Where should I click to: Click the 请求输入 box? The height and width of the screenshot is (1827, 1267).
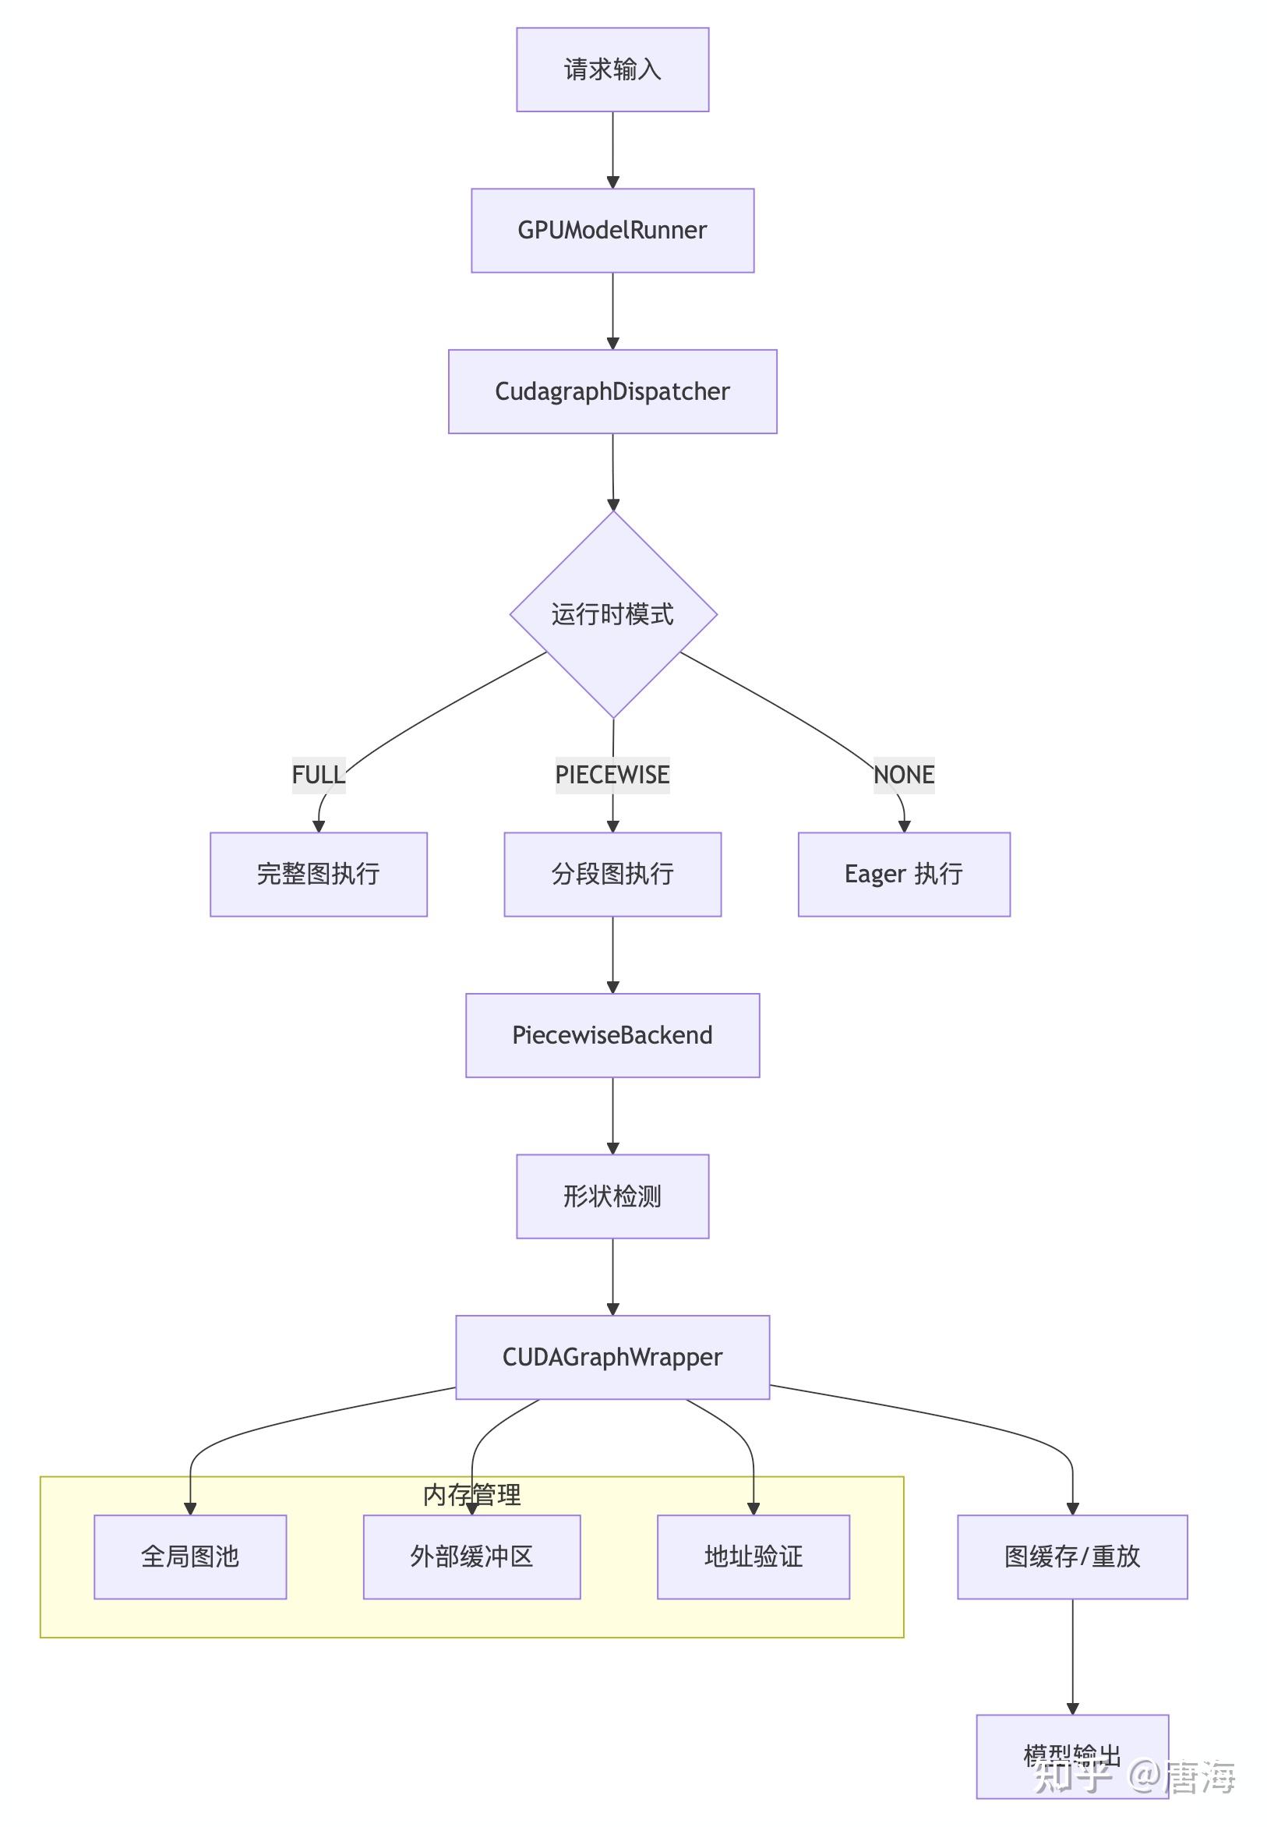pyautogui.click(x=612, y=70)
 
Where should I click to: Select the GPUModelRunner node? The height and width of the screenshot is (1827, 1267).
pyautogui.click(x=612, y=230)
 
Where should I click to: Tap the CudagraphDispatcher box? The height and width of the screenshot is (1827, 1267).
pyautogui.click(x=612, y=391)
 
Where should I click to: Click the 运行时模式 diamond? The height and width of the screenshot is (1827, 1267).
pyautogui.click(x=613, y=614)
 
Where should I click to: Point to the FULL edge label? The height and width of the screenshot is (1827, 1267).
pyautogui.click(x=319, y=774)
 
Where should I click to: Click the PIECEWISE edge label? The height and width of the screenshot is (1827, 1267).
pyautogui.click(x=612, y=774)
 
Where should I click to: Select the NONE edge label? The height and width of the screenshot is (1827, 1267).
pyautogui.click(x=903, y=774)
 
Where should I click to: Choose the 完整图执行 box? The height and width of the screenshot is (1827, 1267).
pyautogui.click(x=319, y=875)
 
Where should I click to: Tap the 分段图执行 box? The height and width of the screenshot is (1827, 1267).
pyautogui.click(x=612, y=875)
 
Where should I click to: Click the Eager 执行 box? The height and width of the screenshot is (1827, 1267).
pyautogui.click(x=903, y=875)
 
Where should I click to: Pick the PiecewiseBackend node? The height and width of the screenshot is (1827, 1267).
pyautogui.click(x=612, y=1035)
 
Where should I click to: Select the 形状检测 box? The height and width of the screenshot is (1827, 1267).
pyautogui.click(x=612, y=1196)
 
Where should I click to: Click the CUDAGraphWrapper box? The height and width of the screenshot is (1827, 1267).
pyautogui.click(x=612, y=1357)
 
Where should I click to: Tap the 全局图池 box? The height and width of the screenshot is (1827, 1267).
pyautogui.click(x=189, y=1557)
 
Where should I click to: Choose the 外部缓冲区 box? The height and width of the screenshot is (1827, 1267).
pyautogui.click(x=471, y=1557)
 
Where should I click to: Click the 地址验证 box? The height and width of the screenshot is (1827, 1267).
pyautogui.click(x=753, y=1557)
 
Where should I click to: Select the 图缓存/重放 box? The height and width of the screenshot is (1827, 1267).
pyautogui.click(x=1071, y=1557)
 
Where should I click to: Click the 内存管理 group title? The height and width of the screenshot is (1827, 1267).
pyautogui.click(x=471, y=1495)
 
